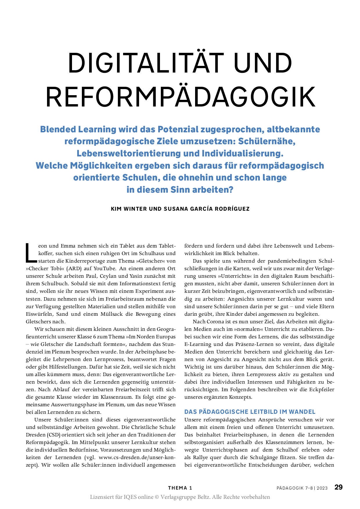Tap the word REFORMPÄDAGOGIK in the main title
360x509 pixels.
(181, 97)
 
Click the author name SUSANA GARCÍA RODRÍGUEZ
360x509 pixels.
(207, 209)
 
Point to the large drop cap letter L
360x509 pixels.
(31, 253)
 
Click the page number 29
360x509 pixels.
(339, 487)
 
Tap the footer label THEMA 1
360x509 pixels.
(180, 488)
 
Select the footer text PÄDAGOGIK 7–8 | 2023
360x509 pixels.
(302, 488)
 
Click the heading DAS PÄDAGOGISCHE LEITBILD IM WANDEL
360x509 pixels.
(250, 412)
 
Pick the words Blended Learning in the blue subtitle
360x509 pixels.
(78, 129)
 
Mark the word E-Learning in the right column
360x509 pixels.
(198, 344)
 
